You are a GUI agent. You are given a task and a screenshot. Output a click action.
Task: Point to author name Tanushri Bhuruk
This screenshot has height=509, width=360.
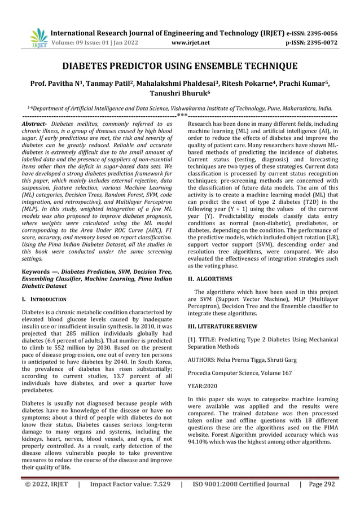[x=180, y=93]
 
